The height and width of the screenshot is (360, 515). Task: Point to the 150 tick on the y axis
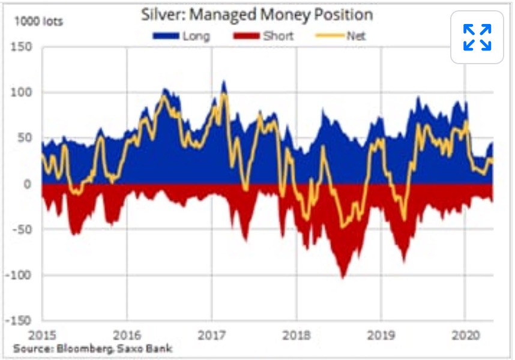[23, 47]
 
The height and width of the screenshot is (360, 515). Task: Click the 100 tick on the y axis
[23, 93]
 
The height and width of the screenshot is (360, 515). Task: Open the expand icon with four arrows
[477, 37]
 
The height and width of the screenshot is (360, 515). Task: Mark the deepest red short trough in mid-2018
[343, 277]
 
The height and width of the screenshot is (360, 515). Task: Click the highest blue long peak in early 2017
[224, 82]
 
